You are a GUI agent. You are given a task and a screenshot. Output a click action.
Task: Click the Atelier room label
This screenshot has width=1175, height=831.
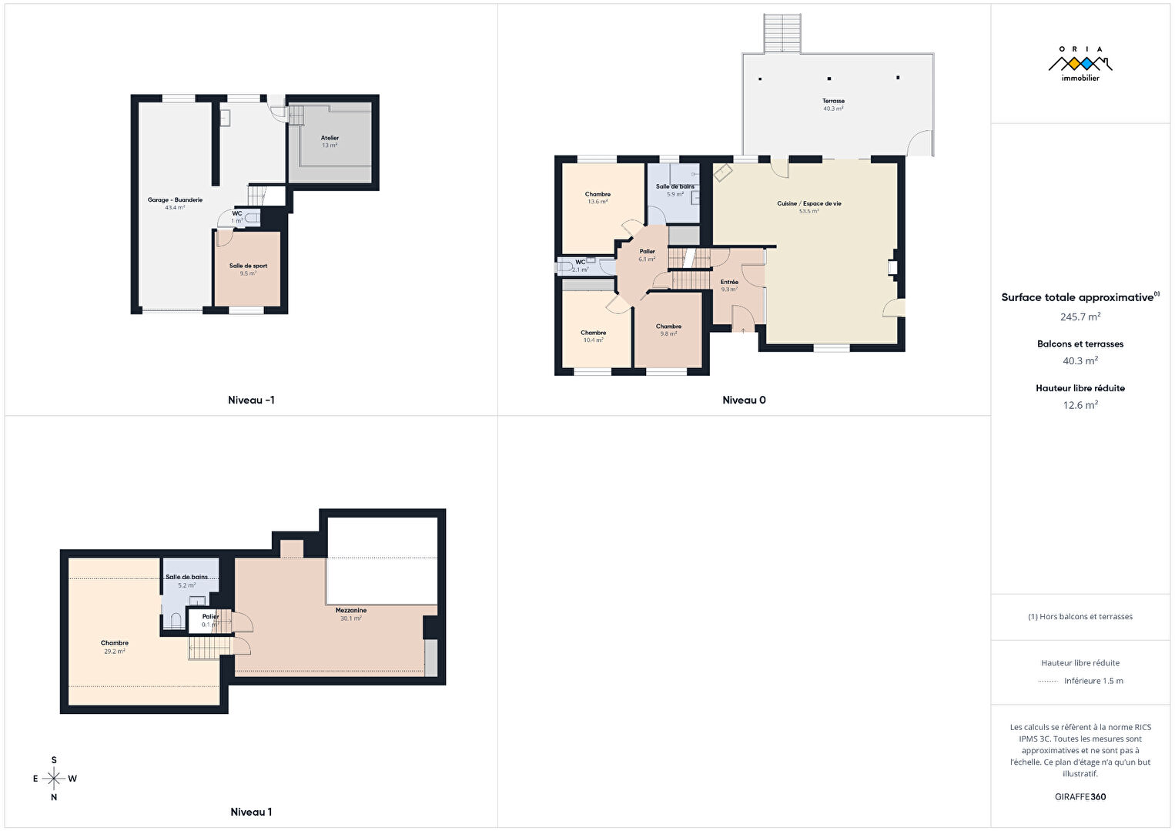click(330, 138)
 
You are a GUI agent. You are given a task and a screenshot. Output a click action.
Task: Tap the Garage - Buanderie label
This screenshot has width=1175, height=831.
click(175, 200)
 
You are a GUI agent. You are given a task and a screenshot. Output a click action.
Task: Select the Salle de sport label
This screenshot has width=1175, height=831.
click(248, 266)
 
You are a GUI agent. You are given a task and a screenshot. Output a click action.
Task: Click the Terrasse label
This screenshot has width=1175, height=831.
click(833, 101)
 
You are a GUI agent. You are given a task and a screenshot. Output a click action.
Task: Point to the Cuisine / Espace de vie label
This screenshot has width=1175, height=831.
click(808, 203)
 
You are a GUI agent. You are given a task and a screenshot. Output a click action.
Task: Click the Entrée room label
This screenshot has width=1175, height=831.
click(729, 282)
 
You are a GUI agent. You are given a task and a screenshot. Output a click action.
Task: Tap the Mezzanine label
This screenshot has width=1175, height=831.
click(351, 611)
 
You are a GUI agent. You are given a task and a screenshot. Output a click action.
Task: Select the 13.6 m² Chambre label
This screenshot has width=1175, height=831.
click(598, 194)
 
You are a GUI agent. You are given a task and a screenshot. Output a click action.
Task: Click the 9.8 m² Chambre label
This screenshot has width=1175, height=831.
click(668, 327)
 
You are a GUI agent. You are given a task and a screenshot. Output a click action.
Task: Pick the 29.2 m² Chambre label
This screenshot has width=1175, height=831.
click(115, 643)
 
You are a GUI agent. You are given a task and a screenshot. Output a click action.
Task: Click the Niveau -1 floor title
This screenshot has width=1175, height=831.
click(251, 400)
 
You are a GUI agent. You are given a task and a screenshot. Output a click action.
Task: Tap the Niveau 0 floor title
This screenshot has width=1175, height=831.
click(744, 400)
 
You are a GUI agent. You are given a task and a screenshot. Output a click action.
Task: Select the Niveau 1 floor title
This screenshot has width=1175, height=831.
click(251, 812)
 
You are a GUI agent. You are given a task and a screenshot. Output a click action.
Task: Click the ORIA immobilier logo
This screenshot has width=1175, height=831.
click(1080, 64)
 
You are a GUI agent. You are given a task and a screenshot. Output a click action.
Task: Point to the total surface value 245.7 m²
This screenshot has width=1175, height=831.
click(1080, 317)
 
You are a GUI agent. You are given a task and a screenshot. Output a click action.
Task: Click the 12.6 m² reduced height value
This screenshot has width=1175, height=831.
click(1080, 405)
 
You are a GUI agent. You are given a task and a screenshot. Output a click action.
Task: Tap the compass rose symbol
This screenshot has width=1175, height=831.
click(54, 779)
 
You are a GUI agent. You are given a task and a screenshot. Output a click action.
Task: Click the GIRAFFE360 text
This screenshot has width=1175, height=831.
click(1080, 797)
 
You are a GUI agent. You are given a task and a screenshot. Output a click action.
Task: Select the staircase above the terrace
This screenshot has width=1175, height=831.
click(782, 33)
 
